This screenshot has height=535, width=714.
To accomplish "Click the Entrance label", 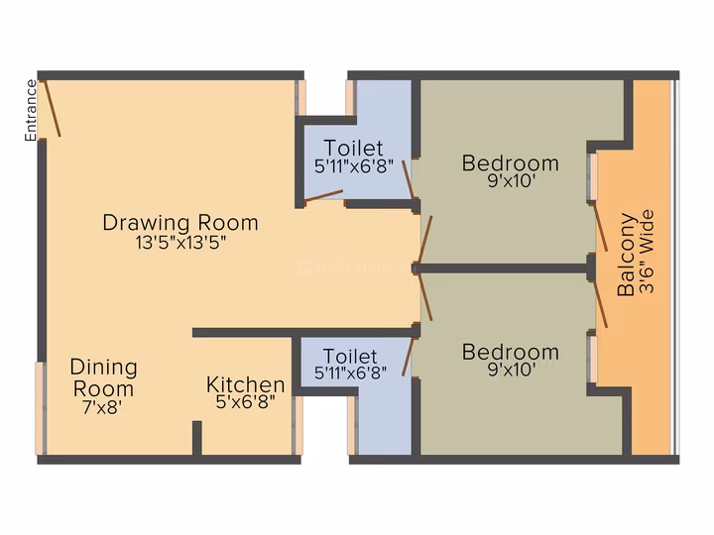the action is point(31,110).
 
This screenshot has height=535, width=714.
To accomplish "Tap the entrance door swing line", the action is point(52,108).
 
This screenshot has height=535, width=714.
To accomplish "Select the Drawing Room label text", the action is point(180,223).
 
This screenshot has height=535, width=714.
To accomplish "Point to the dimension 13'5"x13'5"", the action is point(180,243).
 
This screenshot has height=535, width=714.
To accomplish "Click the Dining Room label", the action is point(104,378).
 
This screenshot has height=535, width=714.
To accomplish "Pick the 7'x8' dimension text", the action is point(102,407).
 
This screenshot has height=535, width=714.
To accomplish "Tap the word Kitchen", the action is point(246,384).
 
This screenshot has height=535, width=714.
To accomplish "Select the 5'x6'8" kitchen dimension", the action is point(246,401).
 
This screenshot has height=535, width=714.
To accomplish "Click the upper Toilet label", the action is point(353,148).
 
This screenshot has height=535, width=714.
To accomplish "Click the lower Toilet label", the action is point(350,357).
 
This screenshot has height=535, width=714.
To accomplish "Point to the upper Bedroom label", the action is point(511,163).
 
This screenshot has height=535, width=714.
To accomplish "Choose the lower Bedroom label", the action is point(511,352).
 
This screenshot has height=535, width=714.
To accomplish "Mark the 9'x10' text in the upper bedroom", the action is point(511,181).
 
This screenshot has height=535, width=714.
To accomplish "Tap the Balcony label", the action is point(626,255).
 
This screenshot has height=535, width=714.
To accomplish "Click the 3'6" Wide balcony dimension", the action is point(647,251).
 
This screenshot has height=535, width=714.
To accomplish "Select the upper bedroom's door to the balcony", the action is point(599,227).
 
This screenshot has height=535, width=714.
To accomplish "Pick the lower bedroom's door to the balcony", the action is point(599,304).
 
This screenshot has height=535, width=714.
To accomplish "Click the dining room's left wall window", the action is point(41,408).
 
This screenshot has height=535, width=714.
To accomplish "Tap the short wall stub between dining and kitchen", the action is point(196,438).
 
